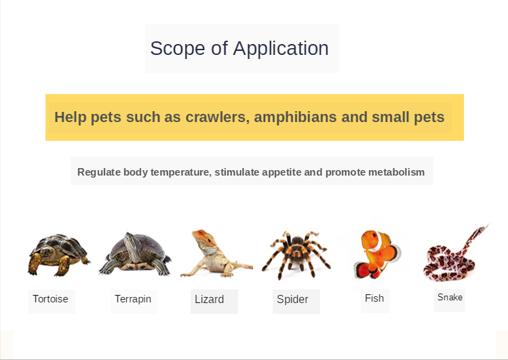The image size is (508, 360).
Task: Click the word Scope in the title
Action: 178,49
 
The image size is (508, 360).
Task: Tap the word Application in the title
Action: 281,49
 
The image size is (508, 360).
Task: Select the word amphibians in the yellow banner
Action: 295,117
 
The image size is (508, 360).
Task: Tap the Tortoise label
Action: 51,299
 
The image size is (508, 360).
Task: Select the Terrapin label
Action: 133,299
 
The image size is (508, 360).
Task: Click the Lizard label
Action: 210,300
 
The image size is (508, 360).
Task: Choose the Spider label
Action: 292,300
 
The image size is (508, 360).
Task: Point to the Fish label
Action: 374,298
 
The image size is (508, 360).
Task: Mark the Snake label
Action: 450,297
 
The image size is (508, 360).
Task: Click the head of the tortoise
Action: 47,252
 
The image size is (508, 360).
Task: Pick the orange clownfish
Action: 377,254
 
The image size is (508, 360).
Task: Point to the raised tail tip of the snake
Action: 487,224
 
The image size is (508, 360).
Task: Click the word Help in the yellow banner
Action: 71,117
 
